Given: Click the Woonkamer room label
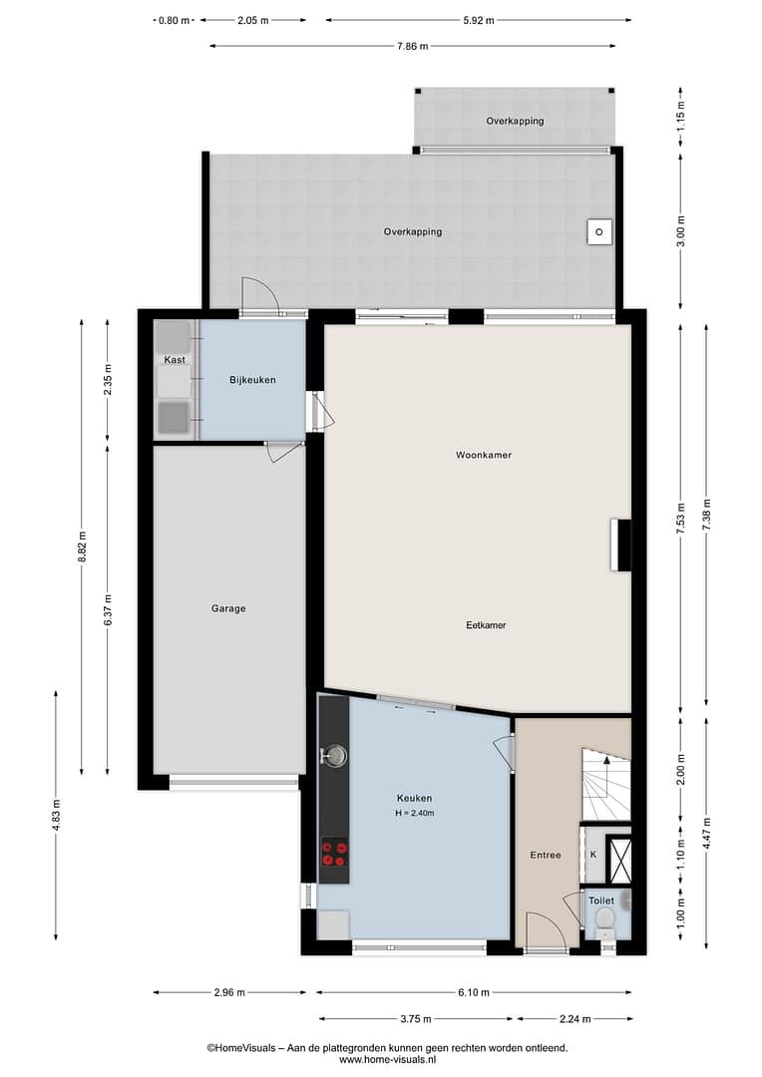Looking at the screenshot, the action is (484, 455).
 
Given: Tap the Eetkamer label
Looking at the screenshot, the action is (486, 625).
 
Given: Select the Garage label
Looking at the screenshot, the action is (228, 608).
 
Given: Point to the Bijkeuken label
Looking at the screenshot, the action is (253, 380).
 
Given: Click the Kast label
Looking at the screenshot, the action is (175, 360).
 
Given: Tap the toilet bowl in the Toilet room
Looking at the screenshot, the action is (604, 919).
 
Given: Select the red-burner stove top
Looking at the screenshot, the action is (334, 853).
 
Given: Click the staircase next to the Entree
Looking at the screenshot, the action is (606, 785).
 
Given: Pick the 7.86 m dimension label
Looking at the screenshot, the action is (412, 46).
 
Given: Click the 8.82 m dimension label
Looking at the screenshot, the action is (82, 546).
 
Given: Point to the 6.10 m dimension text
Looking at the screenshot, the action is (474, 992).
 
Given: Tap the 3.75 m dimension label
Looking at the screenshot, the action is (416, 1019).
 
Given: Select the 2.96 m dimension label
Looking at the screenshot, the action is (228, 992).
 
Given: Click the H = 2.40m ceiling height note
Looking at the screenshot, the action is (414, 814).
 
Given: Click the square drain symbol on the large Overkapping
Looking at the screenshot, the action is (599, 232).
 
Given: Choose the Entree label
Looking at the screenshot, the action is (546, 856).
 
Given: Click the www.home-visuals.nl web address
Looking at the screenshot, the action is (387, 1060).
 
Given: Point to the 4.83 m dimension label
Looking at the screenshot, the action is (56, 816).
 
